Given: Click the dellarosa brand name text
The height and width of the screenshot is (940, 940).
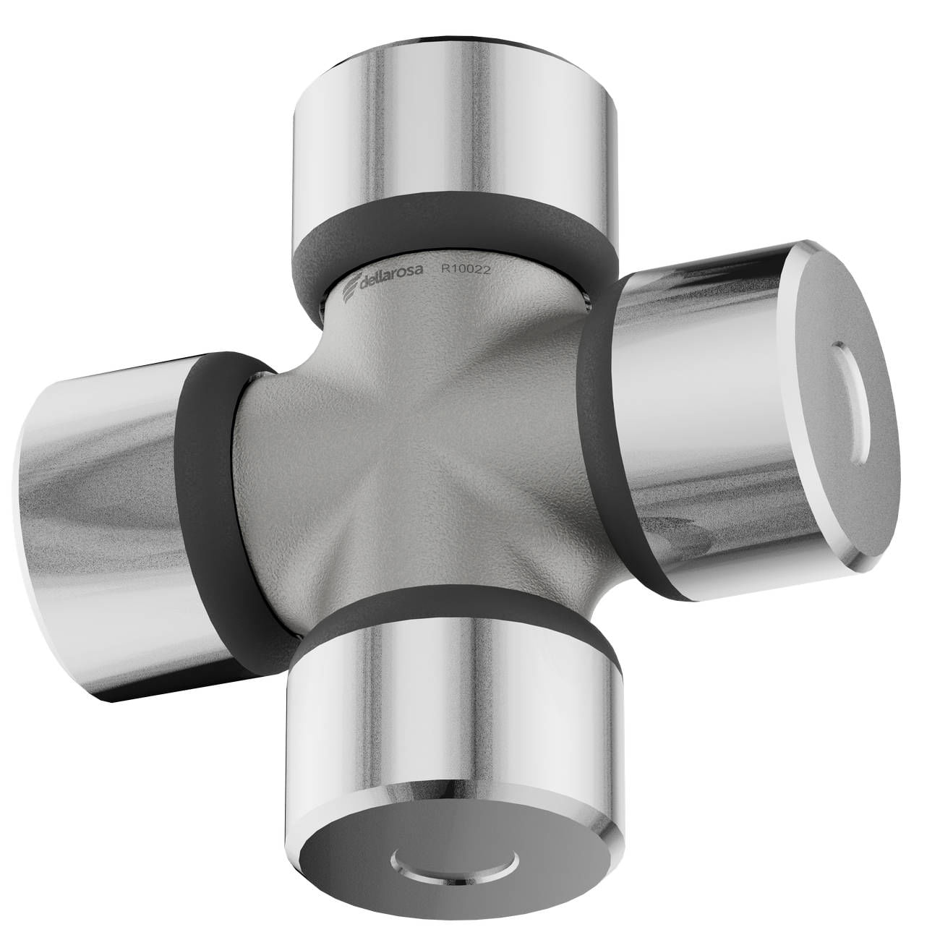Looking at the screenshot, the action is pos(390,275).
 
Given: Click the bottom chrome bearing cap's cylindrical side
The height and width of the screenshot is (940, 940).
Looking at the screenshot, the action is pos(453,702).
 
